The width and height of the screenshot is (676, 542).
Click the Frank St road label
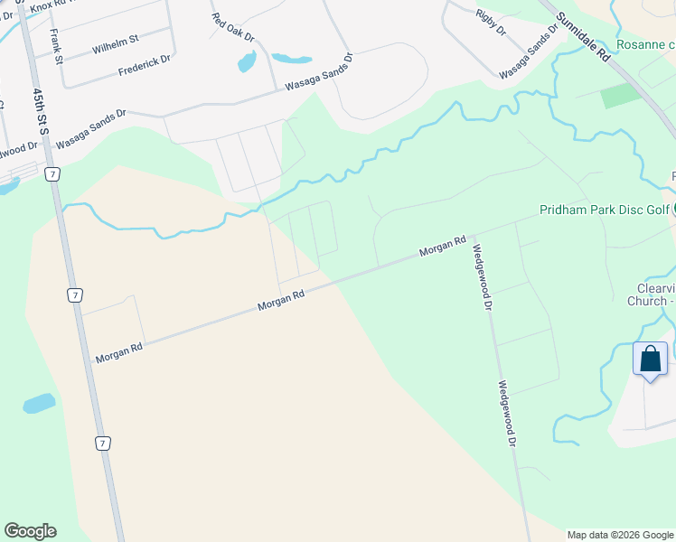tap(56, 47)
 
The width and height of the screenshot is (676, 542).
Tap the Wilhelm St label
tap(115, 42)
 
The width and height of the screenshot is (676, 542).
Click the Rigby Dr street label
tap(490, 23)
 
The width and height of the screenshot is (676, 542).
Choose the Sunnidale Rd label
tap(584, 36)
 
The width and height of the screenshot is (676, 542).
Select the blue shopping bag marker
tap(650, 359)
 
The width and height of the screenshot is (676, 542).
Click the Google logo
tap(30, 531)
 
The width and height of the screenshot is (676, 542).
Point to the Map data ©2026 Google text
tap(620, 535)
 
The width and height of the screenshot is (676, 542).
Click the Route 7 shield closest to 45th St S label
tap(54, 173)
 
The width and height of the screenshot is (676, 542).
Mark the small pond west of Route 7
tap(39, 403)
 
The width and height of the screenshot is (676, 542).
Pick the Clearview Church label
tap(651, 294)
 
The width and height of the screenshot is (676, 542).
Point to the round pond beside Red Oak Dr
tap(246, 62)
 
